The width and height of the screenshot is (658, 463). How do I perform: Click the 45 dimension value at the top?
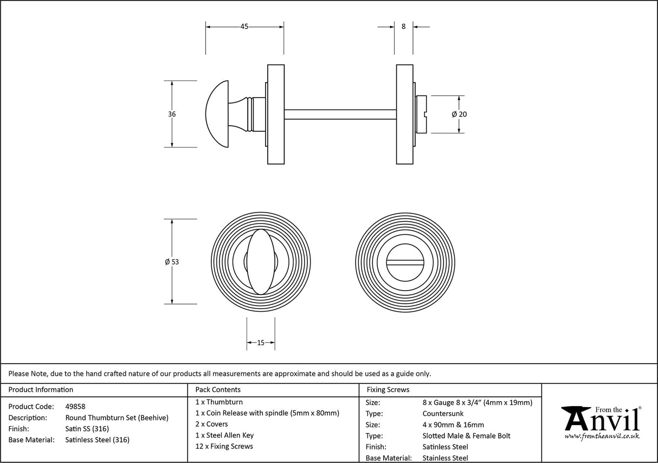click(x=244, y=27)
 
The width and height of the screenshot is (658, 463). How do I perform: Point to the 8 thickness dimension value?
click(x=403, y=27)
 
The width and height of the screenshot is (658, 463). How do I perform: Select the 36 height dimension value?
click(x=172, y=114)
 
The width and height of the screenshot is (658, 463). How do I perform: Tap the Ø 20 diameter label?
click(x=459, y=114)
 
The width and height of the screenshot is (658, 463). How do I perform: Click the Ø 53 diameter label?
click(x=172, y=262)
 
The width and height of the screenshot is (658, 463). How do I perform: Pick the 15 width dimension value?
click(x=261, y=343)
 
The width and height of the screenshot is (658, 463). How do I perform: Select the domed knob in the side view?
click(x=220, y=114)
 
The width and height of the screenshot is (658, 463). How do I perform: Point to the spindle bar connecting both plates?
click(x=340, y=114)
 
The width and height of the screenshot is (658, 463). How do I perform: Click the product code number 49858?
click(x=75, y=406)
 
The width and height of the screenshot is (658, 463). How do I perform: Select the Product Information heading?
click(x=41, y=389)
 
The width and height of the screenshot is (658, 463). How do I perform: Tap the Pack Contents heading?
click(x=218, y=389)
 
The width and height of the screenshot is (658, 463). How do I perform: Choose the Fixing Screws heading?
click(x=388, y=389)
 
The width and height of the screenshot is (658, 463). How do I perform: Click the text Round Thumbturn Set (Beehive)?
click(x=117, y=417)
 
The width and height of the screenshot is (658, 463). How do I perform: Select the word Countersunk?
click(x=443, y=414)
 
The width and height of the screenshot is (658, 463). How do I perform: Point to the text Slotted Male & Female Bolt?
click(x=466, y=436)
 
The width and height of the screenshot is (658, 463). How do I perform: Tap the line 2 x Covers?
click(x=212, y=424)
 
